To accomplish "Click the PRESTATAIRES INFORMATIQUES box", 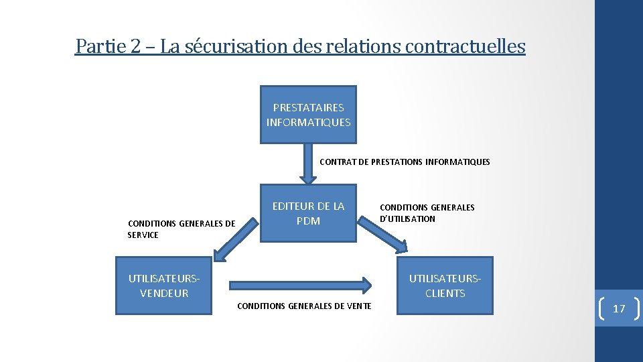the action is click(x=308, y=115).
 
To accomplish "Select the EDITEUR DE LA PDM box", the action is click(x=308, y=214).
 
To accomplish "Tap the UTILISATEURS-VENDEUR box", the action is click(x=164, y=286).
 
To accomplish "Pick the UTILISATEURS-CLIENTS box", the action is click(x=445, y=286).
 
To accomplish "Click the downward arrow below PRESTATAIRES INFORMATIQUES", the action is click(x=308, y=164).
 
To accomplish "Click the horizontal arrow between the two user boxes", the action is click(x=299, y=284).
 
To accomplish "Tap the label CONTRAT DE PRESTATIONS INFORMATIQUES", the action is click(x=405, y=162).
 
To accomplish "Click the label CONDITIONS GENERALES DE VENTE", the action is click(x=304, y=306).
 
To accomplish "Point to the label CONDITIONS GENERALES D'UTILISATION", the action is click(x=427, y=213).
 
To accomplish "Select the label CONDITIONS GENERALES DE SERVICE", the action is click(x=181, y=229).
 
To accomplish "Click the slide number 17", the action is click(x=619, y=308).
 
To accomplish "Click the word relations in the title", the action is click(x=366, y=46).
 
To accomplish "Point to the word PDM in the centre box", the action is click(x=308, y=221).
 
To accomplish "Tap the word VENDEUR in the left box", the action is click(x=164, y=293).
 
